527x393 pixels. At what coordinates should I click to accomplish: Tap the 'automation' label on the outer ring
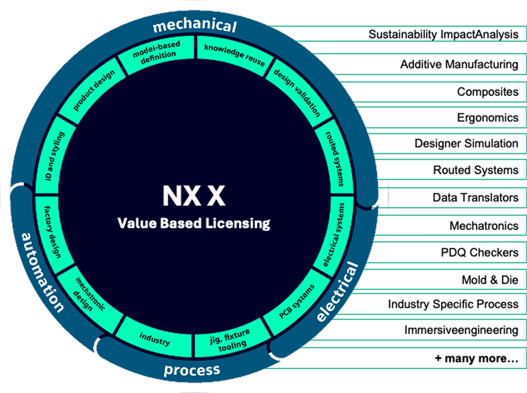pos(42,272)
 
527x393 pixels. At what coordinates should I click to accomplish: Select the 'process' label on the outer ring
pos(192,370)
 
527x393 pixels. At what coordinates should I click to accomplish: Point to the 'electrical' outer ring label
pos(337,292)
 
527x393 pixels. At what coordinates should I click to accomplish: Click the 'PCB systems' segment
pos(297,301)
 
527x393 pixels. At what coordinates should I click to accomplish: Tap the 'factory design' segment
pos(53,231)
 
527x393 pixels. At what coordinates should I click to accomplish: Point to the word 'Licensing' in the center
pos(238,224)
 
